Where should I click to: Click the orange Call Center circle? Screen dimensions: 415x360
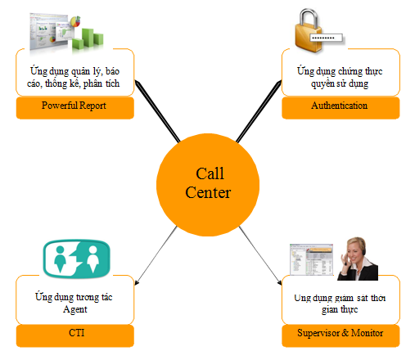pos(208,185)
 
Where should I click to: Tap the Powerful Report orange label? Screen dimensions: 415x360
pos(75,107)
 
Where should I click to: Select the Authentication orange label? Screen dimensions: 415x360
pos(341,107)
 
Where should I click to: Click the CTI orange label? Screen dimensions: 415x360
pos(75,335)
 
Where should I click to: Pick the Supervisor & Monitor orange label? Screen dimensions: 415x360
pos(341,335)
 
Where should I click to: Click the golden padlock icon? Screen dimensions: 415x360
pos(309,30)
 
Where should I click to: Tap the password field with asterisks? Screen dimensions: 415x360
pos(326,38)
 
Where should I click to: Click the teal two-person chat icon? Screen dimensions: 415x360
pos(77,259)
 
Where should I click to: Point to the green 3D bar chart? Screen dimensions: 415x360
pos(88,38)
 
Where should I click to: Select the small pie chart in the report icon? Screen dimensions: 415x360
pos(75,21)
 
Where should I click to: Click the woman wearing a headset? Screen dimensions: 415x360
pos(358,259)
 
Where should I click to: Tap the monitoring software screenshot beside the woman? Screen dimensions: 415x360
pos(311,259)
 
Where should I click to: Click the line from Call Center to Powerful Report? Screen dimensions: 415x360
pos(157,111)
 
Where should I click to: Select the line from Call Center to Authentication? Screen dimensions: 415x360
pos(259,111)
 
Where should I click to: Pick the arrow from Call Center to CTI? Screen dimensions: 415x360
pos(156,255)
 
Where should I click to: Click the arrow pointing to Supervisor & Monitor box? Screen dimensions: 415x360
pos(260,255)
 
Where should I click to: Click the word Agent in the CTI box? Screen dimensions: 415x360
pos(75,309)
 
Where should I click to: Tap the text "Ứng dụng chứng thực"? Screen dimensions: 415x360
pos(340,71)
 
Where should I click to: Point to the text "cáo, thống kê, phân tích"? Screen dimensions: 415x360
pos(74,83)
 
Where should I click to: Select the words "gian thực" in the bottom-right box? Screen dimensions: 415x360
pos(340,309)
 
